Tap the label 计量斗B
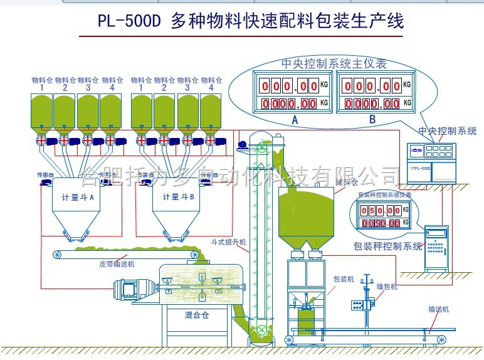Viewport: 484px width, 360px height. [179, 196]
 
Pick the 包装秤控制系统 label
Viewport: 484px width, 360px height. [388, 246]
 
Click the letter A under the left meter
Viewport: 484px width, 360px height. [295, 118]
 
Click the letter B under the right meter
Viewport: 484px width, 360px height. [372, 118]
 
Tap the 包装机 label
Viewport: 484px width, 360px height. [344, 278]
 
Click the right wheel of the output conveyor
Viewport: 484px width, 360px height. [442, 339]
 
